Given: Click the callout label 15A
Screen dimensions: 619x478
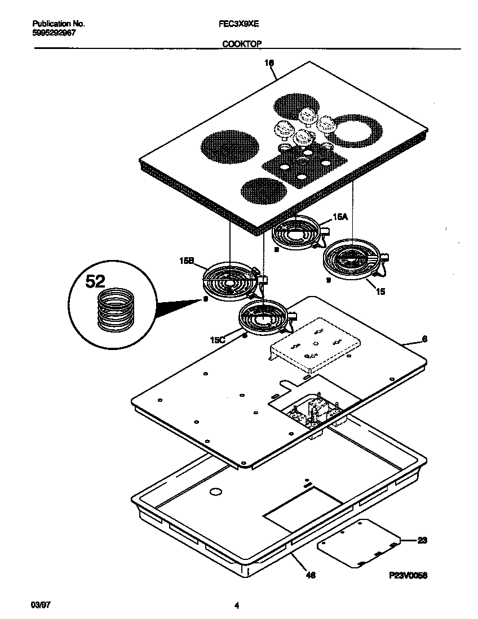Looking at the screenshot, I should [x=340, y=216].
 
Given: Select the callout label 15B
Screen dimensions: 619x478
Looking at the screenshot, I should [x=187, y=261].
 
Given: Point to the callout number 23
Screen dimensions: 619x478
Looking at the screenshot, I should [x=422, y=540].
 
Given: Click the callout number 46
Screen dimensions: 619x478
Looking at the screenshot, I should [x=311, y=575].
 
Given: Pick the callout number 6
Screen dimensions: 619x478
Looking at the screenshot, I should [x=424, y=339].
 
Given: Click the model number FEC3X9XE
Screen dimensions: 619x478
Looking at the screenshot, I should [x=236, y=24].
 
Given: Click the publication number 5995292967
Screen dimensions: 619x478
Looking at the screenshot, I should [x=55, y=33].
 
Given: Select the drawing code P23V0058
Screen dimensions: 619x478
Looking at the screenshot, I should [x=408, y=576].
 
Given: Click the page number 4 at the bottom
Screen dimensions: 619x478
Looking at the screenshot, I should [x=237, y=606].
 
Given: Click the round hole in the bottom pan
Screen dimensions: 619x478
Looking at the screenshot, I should [x=214, y=492].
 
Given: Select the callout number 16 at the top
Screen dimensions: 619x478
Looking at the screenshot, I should [x=269, y=64].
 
